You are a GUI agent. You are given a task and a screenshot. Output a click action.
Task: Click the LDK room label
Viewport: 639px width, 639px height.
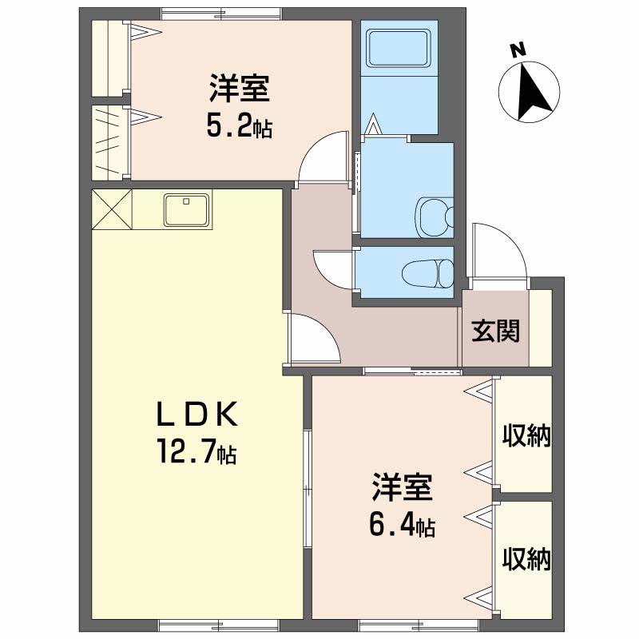pos(196,415)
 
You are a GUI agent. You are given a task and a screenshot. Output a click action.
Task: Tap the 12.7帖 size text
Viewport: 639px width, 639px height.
pos(196,451)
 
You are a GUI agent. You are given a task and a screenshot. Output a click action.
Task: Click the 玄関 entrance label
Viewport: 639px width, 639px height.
pos(496,330)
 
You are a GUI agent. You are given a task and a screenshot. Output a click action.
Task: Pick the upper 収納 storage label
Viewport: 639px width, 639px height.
pos(526,435)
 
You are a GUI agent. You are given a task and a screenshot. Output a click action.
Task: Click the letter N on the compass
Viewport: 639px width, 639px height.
pos(518,50)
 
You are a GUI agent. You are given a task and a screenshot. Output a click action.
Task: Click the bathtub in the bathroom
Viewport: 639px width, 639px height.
pos(399,48)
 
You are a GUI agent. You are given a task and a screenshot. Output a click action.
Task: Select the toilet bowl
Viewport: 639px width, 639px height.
pos(428,273)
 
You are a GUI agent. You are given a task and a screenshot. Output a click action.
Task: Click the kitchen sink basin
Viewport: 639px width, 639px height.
pos(187,210)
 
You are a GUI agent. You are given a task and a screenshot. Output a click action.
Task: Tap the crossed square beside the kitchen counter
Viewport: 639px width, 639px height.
pos(112,209)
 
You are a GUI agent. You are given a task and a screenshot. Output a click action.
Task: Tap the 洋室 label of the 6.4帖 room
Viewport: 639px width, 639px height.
pos(402,487)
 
